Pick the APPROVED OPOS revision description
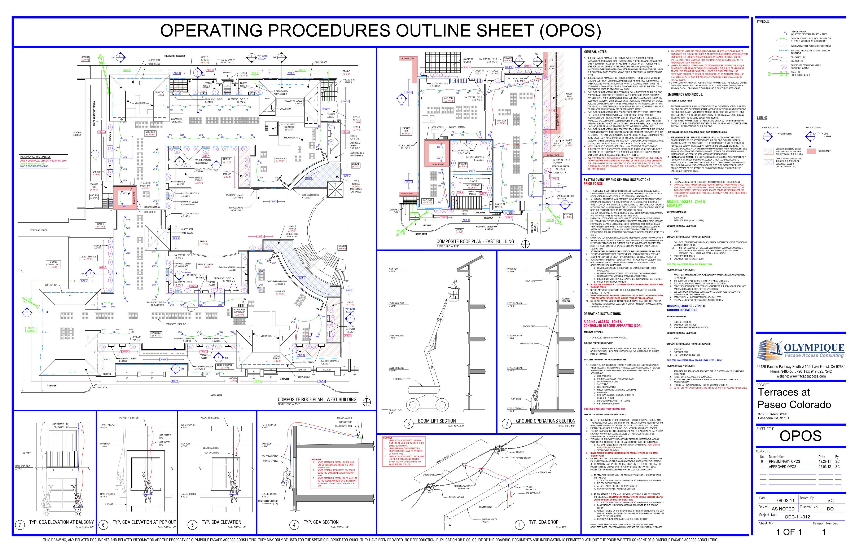[x=782, y=467]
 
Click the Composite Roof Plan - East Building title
[x=475, y=242]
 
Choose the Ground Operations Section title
[x=545, y=421]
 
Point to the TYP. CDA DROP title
[x=543, y=522]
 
